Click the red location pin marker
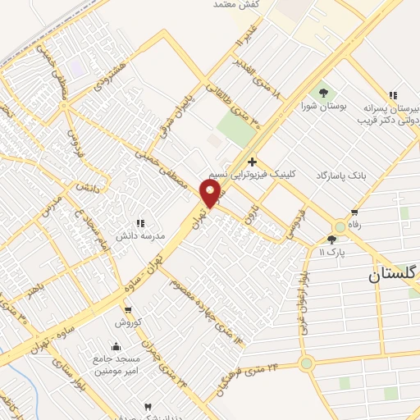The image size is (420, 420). click(x=211, y=194)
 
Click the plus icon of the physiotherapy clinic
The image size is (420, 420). click(x=252, y=162)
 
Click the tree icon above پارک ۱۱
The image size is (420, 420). click(x=332, y=240)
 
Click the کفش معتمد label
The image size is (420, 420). click(x=237, y=5)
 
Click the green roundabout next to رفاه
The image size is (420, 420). click(x=340, y=226)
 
